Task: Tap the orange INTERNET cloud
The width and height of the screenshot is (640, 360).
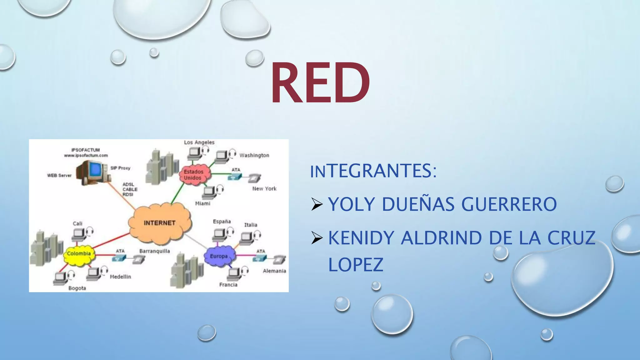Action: click(160, 223)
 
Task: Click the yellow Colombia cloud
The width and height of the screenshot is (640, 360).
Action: click(79, 254)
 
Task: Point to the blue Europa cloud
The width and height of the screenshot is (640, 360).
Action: click(219, 256)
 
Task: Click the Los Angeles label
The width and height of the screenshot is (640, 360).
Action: click(199, 142)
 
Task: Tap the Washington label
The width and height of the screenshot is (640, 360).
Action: click(254, 155)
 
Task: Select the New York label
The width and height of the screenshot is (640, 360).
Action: click(264, 189)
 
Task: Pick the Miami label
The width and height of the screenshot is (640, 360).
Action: click(202, 204)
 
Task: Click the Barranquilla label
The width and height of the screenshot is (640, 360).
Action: click(155, 251)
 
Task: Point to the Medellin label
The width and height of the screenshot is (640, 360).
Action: click(120, 277)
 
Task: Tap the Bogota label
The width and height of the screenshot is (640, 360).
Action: click(77, 288)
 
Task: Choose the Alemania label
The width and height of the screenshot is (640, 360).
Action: click(274, 271)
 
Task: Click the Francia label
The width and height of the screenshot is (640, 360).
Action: click(228, 285)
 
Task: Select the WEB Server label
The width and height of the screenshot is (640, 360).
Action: click(59, 176)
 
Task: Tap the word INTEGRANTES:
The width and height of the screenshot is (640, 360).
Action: click(373, 171)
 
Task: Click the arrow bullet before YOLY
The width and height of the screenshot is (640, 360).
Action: click(317, 204)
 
